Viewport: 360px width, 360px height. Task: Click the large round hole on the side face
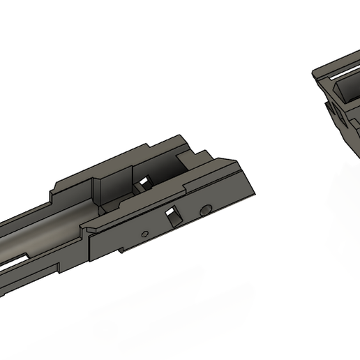click(205, 209)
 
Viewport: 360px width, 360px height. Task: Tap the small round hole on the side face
click(144, 234)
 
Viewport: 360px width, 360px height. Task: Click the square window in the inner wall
click(145, 182)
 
